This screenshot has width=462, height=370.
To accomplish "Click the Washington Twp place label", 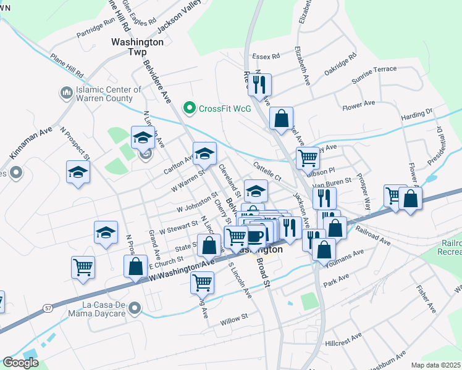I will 137,47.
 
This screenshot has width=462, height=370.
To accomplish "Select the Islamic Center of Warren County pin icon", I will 66,93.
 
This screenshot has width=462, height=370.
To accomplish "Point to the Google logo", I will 21,363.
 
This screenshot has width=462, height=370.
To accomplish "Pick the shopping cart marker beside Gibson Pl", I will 308,158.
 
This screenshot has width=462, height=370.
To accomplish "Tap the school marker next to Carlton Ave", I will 205,154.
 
